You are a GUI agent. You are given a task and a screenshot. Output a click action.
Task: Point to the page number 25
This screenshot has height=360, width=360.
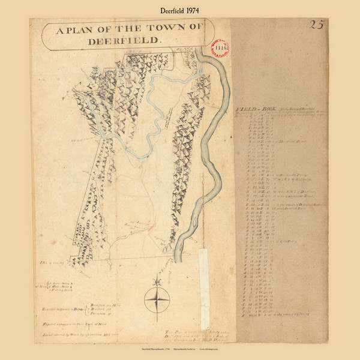316,25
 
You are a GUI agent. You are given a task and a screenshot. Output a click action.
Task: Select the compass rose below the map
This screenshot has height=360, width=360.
157,299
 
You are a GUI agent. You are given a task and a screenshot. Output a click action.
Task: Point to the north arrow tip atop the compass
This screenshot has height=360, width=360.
157,277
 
